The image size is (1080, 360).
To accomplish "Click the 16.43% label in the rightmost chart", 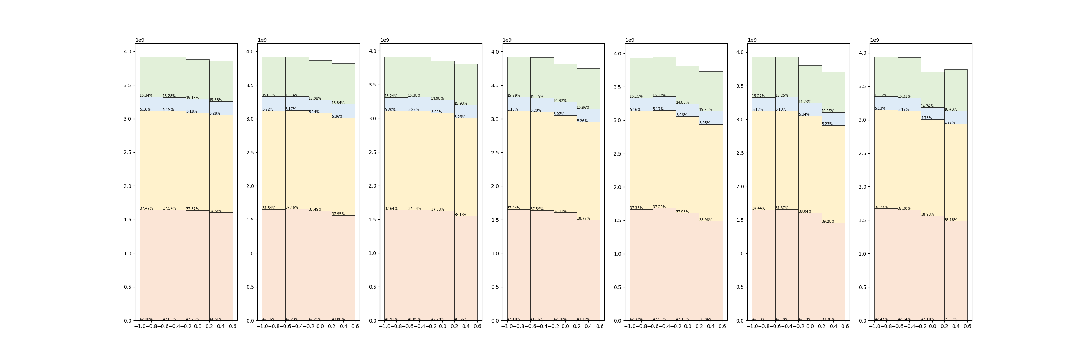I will pos(950,109).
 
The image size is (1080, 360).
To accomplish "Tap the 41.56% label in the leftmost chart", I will pos(216,319).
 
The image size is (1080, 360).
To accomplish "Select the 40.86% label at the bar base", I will pos(338,319).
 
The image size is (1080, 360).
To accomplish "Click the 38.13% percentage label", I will pos(460,215).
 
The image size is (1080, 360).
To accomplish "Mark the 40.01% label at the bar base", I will pos(583,319).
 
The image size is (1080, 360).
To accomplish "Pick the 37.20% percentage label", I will pos(659,207).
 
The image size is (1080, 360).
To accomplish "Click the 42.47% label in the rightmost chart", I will pos(881,319).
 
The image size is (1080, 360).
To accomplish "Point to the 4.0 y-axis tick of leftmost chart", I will pos(127,51).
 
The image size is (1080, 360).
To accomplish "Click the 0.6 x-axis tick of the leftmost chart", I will pos(233,327).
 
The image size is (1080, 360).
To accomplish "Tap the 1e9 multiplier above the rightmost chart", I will pos(874,40).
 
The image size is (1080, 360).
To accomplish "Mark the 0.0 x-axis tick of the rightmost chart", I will pos(932,327).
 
